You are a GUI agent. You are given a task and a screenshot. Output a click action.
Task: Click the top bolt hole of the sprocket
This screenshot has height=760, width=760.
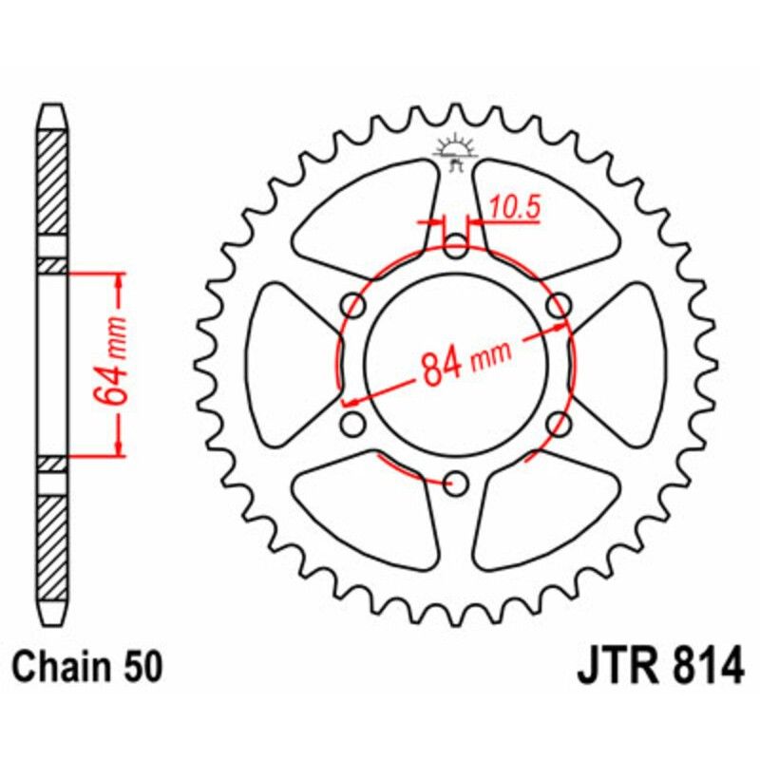[x=457, y=249]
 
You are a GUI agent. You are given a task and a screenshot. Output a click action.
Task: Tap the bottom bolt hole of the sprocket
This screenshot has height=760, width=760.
[x=457, y=484]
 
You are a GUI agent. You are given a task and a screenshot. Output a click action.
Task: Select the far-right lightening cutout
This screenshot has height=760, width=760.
[x=627, y=366]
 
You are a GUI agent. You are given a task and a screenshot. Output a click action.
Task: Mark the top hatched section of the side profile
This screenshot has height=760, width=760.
[x=53, y=180]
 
